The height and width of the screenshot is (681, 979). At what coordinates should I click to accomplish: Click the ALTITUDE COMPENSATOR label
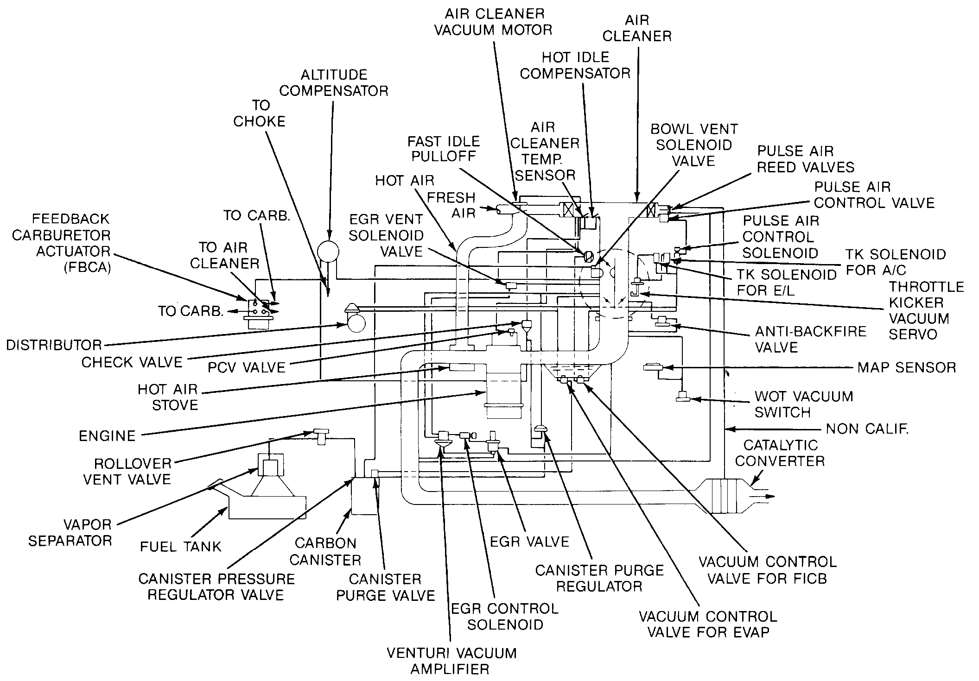[333, 82]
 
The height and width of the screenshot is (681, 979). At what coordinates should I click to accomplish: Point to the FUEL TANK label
[181, 547]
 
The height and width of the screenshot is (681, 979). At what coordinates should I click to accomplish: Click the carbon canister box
[365, 497]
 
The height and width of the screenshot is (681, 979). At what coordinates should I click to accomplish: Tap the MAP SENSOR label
[906, 367]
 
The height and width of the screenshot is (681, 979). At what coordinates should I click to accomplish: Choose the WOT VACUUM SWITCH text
[803, 404]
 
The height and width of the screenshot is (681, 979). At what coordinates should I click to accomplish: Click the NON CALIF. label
[867, 429]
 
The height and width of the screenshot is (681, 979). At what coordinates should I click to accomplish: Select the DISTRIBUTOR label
[54, 345]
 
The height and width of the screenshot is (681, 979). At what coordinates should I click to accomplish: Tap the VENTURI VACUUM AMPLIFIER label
[451, 661]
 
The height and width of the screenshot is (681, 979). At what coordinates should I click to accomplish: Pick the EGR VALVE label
[529, 542]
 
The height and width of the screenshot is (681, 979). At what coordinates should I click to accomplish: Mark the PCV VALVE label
[246, 367]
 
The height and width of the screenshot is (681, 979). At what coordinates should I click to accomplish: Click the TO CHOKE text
[259, 113]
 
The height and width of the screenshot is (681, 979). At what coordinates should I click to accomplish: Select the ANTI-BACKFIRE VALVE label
[810, 339]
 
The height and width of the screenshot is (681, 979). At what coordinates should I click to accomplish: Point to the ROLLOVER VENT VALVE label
[127, 471]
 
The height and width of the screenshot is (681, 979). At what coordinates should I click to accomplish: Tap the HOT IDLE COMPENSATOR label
[575, 65]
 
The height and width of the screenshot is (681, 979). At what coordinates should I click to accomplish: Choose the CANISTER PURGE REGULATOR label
[599, 578]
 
